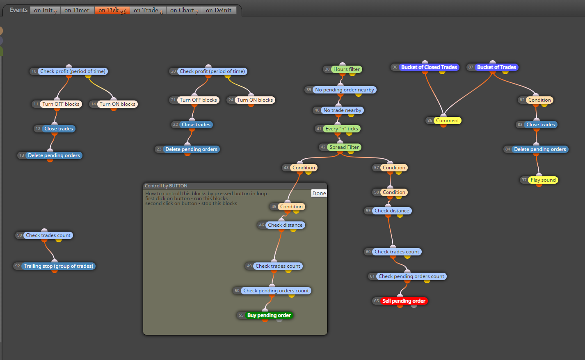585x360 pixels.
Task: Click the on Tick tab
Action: tap(112, 10)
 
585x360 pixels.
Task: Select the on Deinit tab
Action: tap(219, 10)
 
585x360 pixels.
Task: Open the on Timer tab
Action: tap(77, 10)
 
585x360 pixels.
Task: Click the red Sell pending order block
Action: tap(404, 301)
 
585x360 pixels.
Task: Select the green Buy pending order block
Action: tap(269, 315)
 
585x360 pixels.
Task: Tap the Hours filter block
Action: tap(347, 69)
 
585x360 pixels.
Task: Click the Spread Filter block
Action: tap(344, 147)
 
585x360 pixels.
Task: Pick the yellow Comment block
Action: tap(448, 121)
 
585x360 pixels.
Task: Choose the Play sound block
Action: tap(543, 180)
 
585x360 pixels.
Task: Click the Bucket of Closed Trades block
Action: tap(429, 67)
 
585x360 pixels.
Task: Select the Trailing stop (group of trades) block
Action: tap(59, 266)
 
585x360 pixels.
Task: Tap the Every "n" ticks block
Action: tap(342, 129)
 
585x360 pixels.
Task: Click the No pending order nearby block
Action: tap(345, 90)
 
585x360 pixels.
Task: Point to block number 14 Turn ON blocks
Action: tap(117, 104)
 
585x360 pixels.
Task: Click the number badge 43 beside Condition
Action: tap(286, 168)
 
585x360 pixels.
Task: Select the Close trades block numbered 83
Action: tap(541, 125)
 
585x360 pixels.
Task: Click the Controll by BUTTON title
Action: tap(166, 186)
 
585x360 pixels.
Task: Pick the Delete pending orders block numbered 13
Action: tap(54, 155)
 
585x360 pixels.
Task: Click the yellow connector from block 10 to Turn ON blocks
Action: tap(101, 87)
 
